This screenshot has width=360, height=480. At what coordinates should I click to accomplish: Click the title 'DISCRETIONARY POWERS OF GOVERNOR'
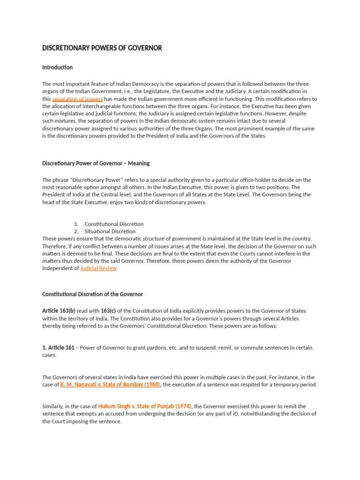(102, 48)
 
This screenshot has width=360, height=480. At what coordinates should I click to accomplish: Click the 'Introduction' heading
(57, 67)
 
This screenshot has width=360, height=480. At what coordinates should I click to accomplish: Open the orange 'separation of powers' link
(77, 99)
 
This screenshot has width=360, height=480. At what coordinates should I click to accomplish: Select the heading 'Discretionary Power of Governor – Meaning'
(96, 163)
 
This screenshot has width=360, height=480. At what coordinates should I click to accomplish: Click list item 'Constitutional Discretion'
(114, 224)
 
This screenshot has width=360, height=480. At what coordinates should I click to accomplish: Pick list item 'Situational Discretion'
(110, 231)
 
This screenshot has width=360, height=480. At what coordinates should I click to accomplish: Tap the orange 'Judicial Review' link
(98, 269)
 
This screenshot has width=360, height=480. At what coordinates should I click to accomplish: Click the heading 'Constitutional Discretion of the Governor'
(92, 294)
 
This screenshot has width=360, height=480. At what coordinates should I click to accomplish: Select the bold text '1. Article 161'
(59, 348)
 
